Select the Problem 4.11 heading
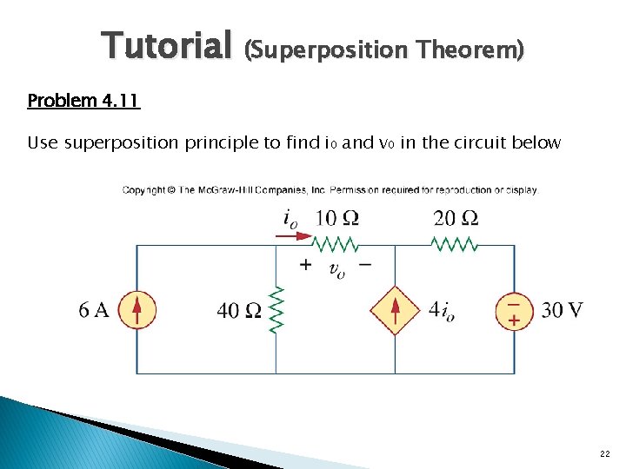pos(83,101)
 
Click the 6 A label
pos(94,310)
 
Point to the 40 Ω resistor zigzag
pos(276,309)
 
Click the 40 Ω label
pos(239,310)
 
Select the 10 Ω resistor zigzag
pos(336,245)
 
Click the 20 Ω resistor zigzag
pos(455,245)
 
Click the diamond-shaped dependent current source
pos(396,310)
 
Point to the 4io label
pos(447,310)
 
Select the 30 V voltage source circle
pos(514,310)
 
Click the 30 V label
pos(563,310)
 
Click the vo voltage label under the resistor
pos(336,270)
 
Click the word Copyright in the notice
pos(143,189)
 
